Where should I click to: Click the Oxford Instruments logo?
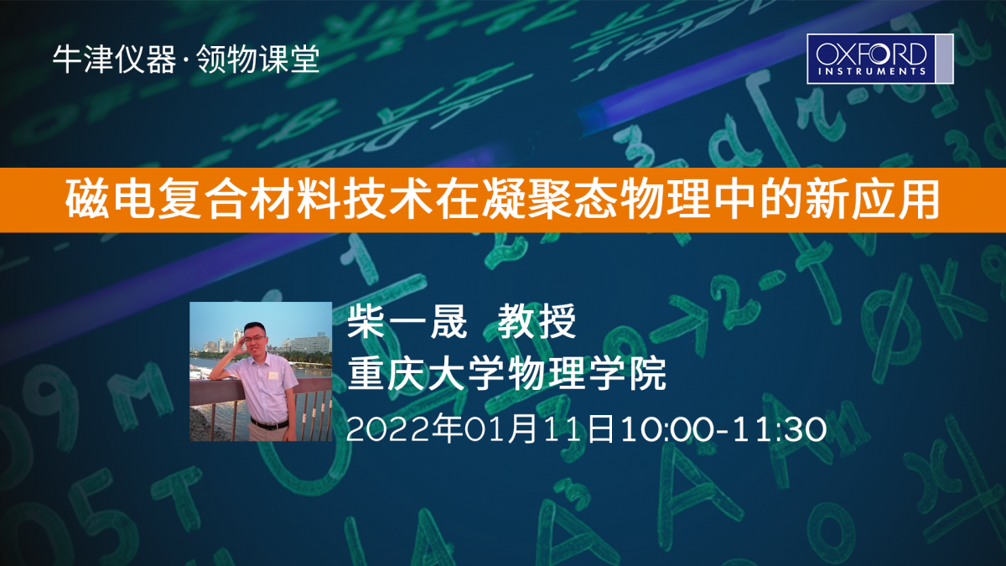(879, 59)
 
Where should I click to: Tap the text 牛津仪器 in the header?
(115, 60)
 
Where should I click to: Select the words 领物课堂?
(258, 60)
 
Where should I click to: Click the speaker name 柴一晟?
(407, 321)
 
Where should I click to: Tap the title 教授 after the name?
(537, 321)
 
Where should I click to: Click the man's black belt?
(269, 423)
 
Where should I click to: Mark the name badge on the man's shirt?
(273, 375)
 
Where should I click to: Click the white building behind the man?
(311, 344)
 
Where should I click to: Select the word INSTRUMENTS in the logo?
(872, 71)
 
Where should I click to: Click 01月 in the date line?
(500, 429)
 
